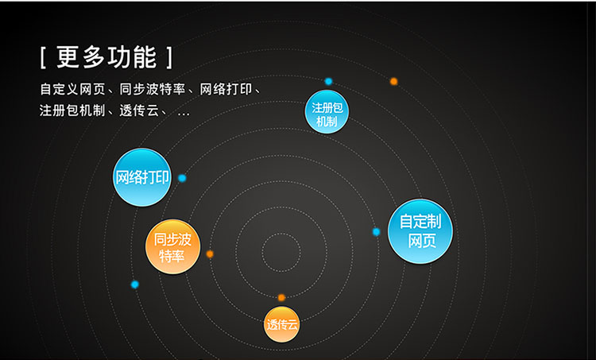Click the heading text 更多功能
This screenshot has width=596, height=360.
[x=106, y=57]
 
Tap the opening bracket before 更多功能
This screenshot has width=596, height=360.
[x=43, y=58]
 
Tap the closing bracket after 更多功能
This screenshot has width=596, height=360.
[x=169, y=58]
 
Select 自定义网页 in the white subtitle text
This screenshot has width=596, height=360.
[x=72, y=89]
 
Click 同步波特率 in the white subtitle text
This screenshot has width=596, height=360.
[x=152, y=89]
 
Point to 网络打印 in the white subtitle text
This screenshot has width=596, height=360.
[x=226, y=89]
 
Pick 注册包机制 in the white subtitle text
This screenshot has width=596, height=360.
[x=72, y=110]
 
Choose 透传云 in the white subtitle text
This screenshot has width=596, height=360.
[x=139, y=110]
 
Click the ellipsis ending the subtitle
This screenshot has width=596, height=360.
[x=184, y=114]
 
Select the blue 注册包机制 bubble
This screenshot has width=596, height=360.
[x=327, y=112]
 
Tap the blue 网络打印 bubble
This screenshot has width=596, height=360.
[x=141, y=177]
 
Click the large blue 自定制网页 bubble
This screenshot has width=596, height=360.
[x=420, y=231]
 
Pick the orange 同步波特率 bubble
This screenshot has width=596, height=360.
[x=172, y=246]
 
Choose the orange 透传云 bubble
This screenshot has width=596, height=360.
[x=281, y=324]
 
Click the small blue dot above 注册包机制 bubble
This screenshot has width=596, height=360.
[x=328, y=81]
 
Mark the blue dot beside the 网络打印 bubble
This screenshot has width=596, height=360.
[x=182, y=178]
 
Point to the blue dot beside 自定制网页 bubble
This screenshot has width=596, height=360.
[x=376, y=231]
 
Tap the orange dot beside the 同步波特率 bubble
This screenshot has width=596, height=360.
[x=210, y=254]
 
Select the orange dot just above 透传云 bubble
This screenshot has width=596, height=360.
[x=281, y=297]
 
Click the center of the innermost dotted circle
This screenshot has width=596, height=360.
[x=281, y=252]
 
